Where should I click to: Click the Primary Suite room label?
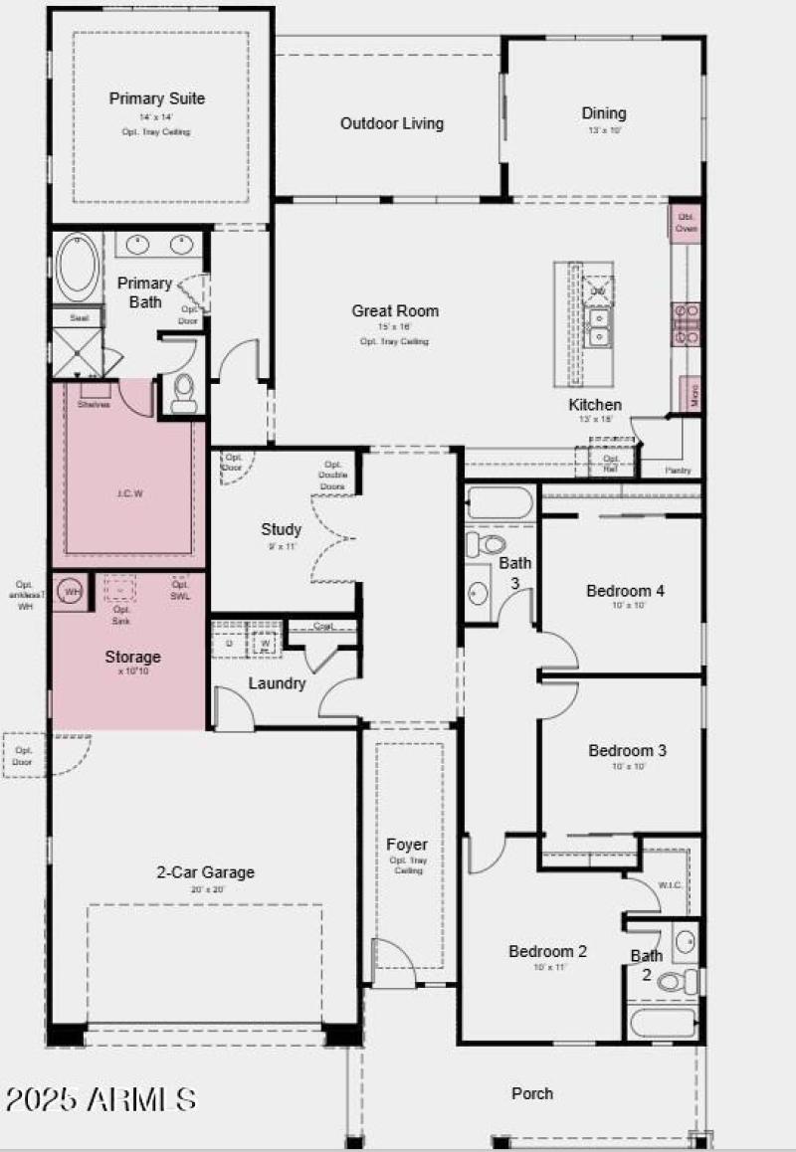coord(157,98)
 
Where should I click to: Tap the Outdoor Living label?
coord(392,123)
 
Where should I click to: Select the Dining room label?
coord(604,112)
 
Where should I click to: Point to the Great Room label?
coord(395,310)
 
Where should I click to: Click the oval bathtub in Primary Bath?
coord(77,267)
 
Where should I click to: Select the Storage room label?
coord(133,657)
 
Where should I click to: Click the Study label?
coord(281,529)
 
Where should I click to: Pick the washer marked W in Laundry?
coord(266,643)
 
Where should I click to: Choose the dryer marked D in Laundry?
coord(229,643)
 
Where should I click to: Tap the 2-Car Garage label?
coord(205,872)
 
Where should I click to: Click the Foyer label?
coord(407,845)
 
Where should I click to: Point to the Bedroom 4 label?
coord(625,590)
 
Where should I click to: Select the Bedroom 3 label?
coord(627,750)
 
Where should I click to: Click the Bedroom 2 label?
coord(547,951)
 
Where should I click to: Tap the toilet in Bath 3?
coord(487,544)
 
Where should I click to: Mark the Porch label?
coord(532,1093)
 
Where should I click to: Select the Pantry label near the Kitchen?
coord(680,471)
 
